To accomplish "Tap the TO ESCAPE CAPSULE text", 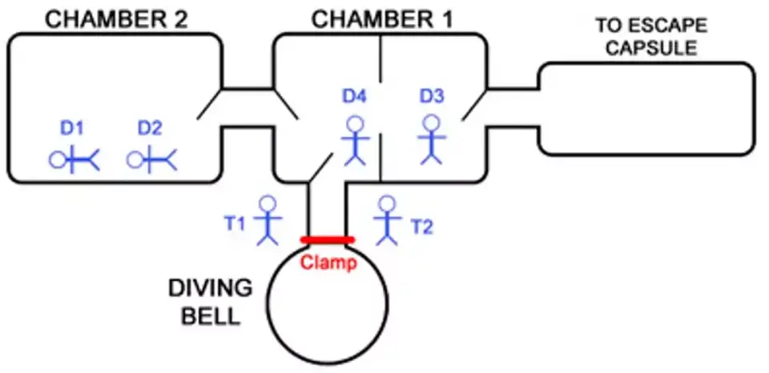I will tap(646, 37).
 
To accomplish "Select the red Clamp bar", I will tap(327, 239).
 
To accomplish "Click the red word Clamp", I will tap(328, 263).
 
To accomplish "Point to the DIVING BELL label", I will tap(210, 301).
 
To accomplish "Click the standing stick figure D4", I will tap(355, 141).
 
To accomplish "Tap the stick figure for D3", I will tap(433, 140).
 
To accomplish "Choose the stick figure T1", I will tap(268, 219).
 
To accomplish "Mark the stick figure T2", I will tap(388, 219).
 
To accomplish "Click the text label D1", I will tap(72, 127).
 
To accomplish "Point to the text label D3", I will tap(432, 97).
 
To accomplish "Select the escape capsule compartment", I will tap(646, 110).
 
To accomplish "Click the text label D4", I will tap(354, 97).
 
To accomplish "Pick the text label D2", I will tap(150, 127).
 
